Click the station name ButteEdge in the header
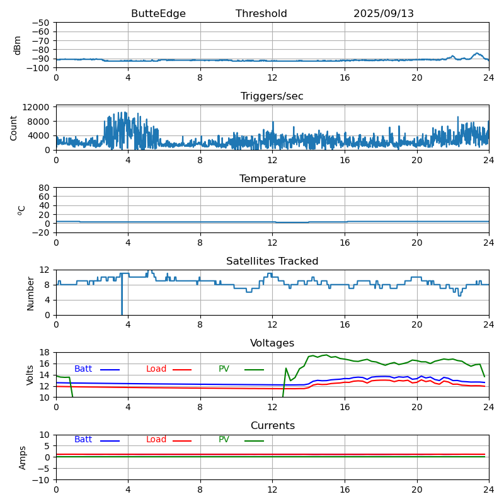tap(158, 14)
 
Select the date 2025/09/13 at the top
tap(384, 14)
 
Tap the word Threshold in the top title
tap(261, 14)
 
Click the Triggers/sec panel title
tap(272, 96)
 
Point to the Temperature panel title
tap(272, 179)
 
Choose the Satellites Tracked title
tap(272, 261)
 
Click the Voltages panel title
tap(272, 343)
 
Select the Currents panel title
tap(272, 426)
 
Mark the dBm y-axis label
tap(18, 45)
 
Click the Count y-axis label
tap(14, 127)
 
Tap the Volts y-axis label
tap(30, 375)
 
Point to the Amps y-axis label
tap(23, 457)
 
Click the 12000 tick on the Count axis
tap(37, 108)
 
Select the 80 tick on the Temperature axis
tap(44, 188)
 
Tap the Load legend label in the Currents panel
tap(156, 440)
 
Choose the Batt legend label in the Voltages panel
tap(83, 369)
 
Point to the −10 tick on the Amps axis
tap(42, 480)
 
